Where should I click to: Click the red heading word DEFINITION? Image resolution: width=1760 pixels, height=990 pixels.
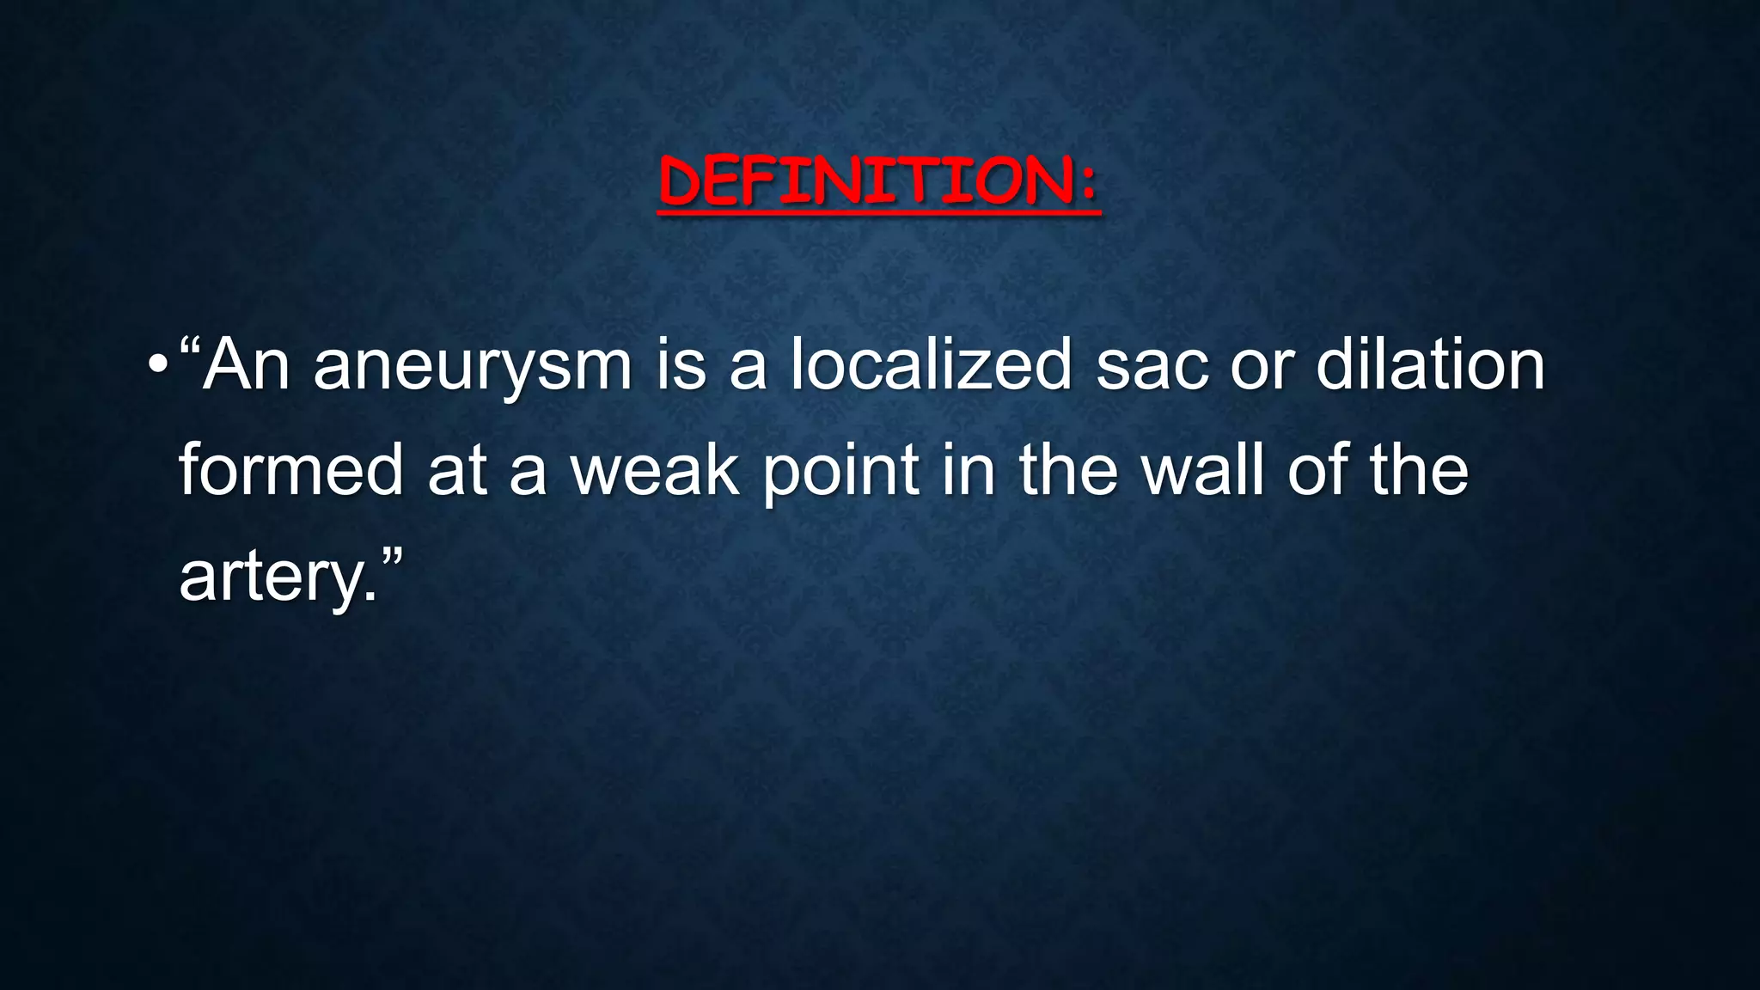pyautogui.click(x=864, y=181)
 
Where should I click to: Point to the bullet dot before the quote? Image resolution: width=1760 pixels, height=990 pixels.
pyautogui.click(x=156, y=365)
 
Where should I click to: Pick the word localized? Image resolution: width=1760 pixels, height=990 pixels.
pyautogui.click(x=932, y=365)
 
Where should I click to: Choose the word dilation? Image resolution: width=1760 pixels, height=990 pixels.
pyautogui.click(x=1431, y=365)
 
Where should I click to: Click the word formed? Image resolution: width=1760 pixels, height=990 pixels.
pyautogui.click(x=290, y=470)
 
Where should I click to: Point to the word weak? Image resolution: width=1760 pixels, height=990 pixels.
pyautogui.click(x=655, y=470)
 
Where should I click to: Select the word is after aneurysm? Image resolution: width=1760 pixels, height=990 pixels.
pyautogui.click(x=681, y=365)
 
